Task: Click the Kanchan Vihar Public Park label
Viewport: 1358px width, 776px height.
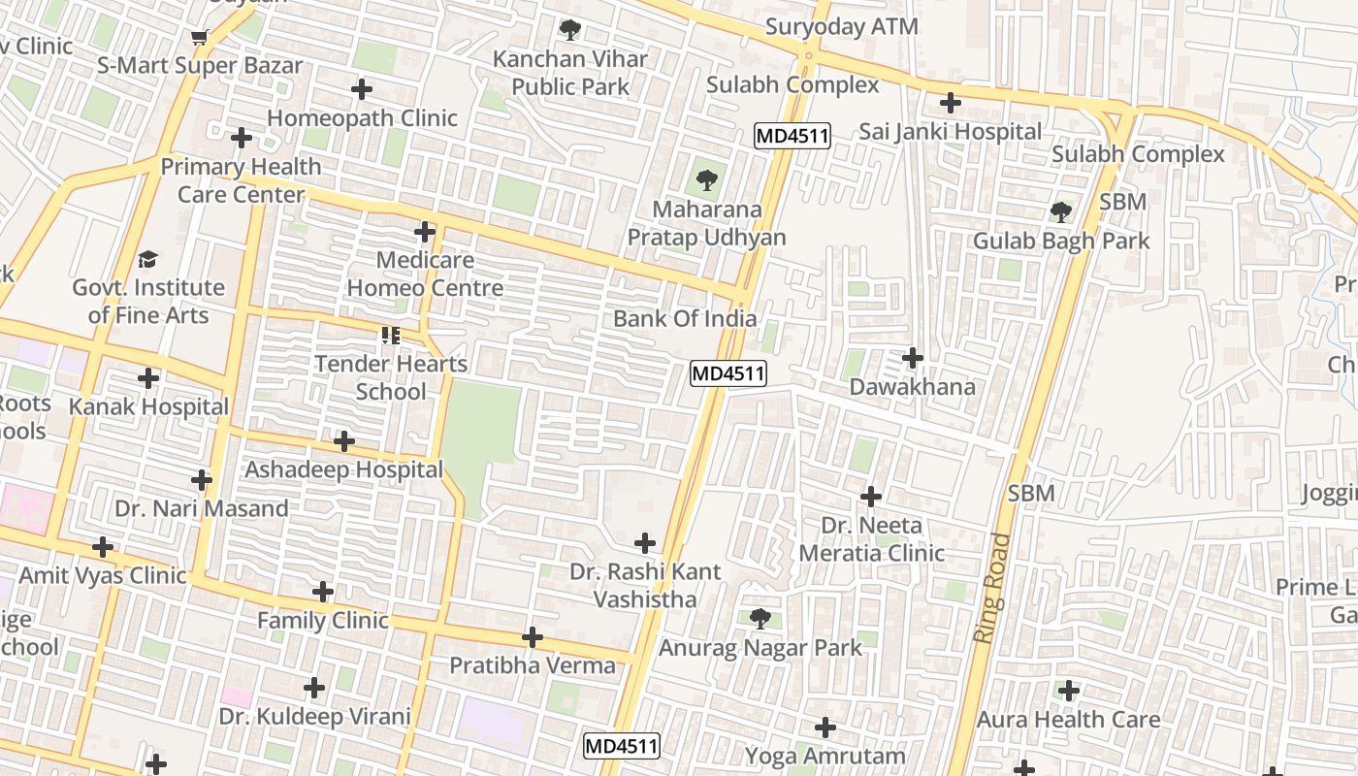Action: tap(569, 73)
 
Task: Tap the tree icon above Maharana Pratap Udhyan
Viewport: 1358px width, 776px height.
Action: tap(706, 180)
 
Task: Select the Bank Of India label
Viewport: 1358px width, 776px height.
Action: tap(685, 319)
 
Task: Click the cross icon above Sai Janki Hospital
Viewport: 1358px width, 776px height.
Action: tap(951, 102)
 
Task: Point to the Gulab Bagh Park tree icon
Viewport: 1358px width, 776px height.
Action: tap(1060, 211)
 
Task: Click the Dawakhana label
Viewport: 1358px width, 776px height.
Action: tap(912, 387)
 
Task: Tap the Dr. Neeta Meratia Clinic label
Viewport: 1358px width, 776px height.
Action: tap(871, 539)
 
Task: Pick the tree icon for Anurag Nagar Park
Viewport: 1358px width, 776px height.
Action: tap(760, 618)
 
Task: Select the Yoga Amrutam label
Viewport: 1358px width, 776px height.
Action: tap(824, 756)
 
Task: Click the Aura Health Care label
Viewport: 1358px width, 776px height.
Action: tap(1068, 720)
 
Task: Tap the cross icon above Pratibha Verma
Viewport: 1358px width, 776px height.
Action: tap(533, 637)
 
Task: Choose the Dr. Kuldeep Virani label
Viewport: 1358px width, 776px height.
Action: tap(314, 717)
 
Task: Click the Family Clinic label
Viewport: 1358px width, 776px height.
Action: tap(322, 620)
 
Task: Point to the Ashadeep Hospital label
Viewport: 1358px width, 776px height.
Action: tap(343, 469)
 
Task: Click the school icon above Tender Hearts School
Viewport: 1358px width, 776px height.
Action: tap(390, 336)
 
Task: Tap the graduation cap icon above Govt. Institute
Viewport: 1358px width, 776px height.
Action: tap(147, 259)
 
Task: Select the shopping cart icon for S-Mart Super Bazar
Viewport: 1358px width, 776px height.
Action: tap(200, 38)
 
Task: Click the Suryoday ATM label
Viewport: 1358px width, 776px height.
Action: tap(841, 27)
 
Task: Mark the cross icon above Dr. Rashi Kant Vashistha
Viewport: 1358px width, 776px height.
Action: tap(645, 543)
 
